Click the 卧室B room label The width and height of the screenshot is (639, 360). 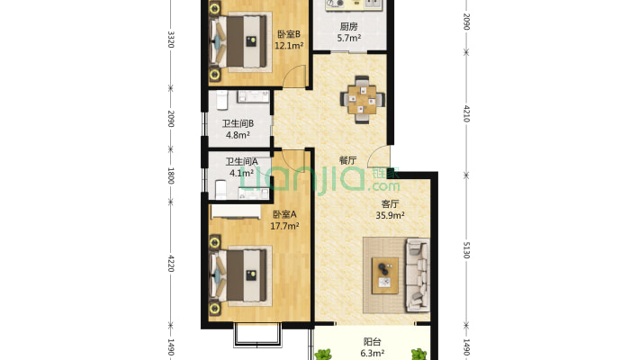pos(289,34)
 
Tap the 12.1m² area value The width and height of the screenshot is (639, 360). pos(289,46)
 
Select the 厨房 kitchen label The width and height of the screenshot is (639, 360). pos(349,27)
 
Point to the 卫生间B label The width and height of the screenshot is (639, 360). pos(238,123)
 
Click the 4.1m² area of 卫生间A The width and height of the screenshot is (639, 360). pos(241,174)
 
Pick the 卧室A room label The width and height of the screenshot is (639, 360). pos(284,214)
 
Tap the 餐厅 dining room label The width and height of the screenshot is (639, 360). pos(348,160)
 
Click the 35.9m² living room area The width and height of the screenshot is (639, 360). pos(390,216)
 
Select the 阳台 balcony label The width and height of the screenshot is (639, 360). pos(373,342)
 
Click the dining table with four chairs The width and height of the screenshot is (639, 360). pos(363,100)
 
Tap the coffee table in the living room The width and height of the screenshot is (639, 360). pos(385,275)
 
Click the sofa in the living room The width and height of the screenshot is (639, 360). pos(418,275)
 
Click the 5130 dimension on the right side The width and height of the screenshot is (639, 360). pos(466,250)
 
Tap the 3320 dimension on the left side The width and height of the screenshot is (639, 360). pos(171,40)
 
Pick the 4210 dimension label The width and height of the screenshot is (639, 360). pos(466,113)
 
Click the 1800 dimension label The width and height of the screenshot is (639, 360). pos(171,175)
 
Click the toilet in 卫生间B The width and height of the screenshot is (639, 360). pos(221,100)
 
